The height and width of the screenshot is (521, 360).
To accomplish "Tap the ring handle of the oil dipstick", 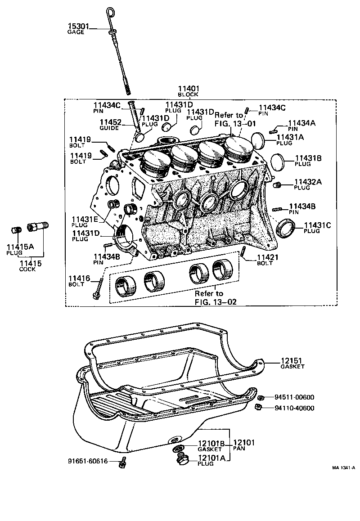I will point(111,11).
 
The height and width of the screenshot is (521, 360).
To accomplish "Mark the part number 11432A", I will point(308,182).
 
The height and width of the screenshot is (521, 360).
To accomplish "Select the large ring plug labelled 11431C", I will point(284,228).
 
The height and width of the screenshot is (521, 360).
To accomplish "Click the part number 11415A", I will point(19,247).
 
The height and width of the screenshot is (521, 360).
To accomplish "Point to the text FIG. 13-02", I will point(216,302).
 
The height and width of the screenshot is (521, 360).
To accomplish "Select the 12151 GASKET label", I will point(292,361).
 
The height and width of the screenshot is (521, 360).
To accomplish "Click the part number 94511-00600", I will point(294,397).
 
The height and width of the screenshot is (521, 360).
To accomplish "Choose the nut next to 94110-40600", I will point(258,408).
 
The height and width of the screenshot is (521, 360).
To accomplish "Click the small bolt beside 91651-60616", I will point(123,463).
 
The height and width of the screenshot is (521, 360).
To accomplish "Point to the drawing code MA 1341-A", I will point(344,468).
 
